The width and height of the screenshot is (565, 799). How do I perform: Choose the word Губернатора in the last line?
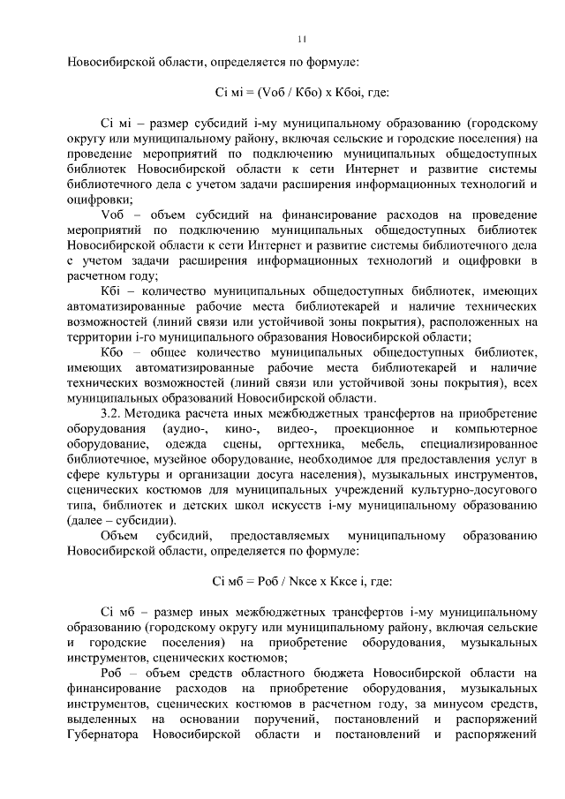tap(102, 735)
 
